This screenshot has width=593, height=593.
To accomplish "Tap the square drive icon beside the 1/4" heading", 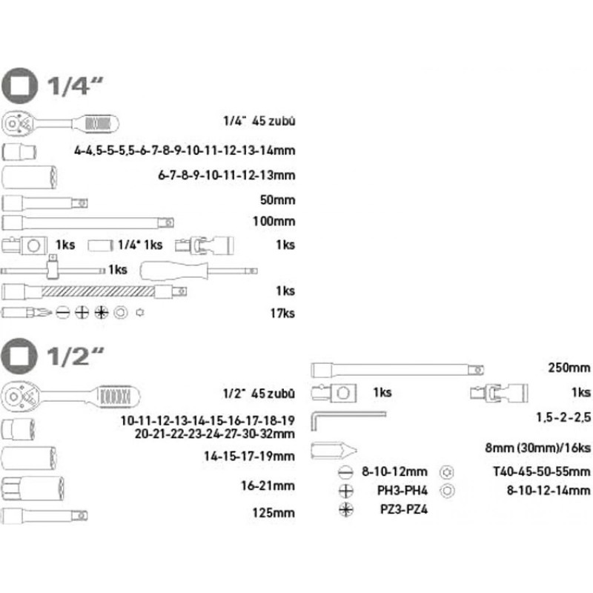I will click(x=20, y=86).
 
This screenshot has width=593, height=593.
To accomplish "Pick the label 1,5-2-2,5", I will click(x=563, y=418).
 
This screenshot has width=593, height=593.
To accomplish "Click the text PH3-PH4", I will click(x=404, y=490).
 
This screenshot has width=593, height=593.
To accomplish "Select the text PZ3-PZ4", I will click(x=403, y=509).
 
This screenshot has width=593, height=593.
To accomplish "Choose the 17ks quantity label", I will click(x=284, y=313).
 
